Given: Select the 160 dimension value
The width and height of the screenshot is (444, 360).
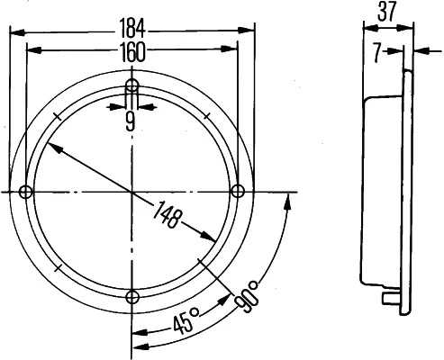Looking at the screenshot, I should pos(131,52).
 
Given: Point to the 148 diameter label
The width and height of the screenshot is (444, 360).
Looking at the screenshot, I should pos(168,217).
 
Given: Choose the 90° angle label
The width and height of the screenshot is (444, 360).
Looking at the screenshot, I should pos(246,294).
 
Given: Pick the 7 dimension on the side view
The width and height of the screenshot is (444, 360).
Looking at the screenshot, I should pos(376,52).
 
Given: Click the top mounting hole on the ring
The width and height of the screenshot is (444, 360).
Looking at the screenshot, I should pos(132,86).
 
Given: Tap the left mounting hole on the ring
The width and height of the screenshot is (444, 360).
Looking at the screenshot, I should pos(25,192).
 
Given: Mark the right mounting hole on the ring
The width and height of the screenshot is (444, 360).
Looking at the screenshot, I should pos(239,191).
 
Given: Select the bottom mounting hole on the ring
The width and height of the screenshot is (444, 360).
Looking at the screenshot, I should pos(132,298).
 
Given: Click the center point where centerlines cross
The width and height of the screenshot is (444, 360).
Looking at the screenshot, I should pos(132,192).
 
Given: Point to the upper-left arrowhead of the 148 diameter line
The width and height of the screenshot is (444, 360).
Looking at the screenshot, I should pos(55,148).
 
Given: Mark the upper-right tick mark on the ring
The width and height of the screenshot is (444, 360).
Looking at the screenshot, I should pos(207,116).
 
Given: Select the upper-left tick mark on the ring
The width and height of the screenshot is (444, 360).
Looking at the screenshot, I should pos(57,116).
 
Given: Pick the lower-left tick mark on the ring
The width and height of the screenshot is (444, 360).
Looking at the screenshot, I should pos(57,267).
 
